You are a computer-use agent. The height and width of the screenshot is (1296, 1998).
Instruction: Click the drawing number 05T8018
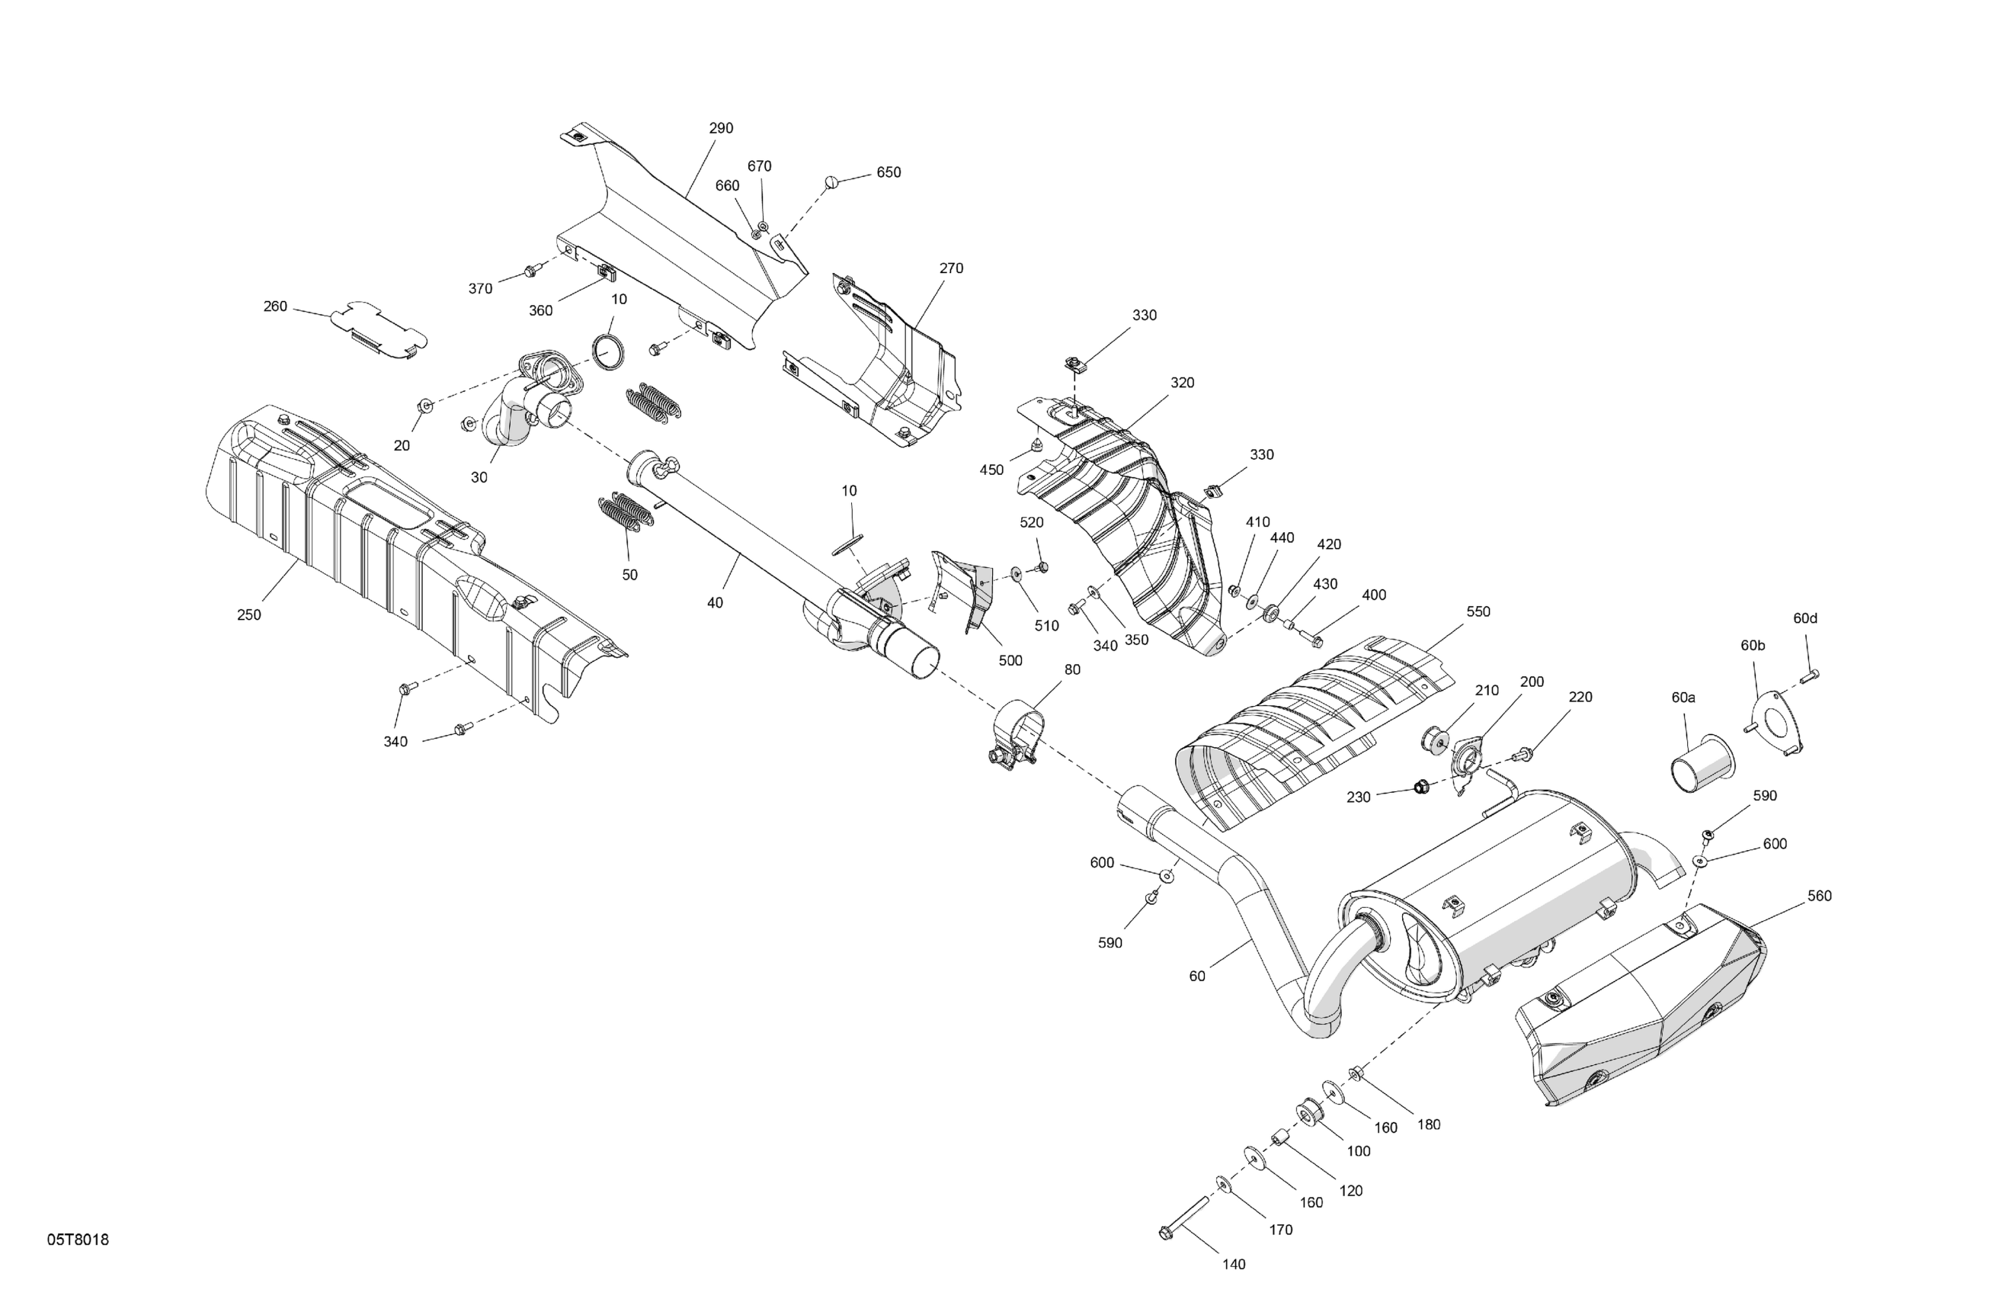pyautogui.click(x=77, y=1240)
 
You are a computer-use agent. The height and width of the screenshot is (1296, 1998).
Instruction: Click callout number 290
pyautogui.click(x=720, y=129)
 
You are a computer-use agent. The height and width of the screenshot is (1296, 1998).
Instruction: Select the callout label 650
pyautogui.click(x=889, y=172)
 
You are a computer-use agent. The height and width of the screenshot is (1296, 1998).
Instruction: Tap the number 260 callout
pyautogui.click(x=275, y=306)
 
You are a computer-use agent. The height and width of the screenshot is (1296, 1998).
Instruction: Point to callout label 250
pyautogui.click(x=248, y=614)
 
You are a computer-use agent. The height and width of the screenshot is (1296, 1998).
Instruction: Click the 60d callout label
pyautogui.click(x=1805, y=618)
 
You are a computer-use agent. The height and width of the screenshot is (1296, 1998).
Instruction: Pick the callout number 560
pyautogui.click(x=1819, y=897)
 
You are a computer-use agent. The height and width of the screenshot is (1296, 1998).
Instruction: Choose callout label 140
pyautogui.click(x=1233, y=1264)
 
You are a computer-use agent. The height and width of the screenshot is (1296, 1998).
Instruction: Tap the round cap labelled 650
pyautogui.click(x=832, y=181)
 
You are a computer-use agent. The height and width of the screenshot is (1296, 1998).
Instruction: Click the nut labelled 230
pyautogui.click(x=1421, y=787)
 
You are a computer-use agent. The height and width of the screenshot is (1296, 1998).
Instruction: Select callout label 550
pyautogui.click(x=1478, y=611)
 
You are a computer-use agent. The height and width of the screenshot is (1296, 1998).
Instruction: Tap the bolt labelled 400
pyautogui.click(x=1315, y=642)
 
